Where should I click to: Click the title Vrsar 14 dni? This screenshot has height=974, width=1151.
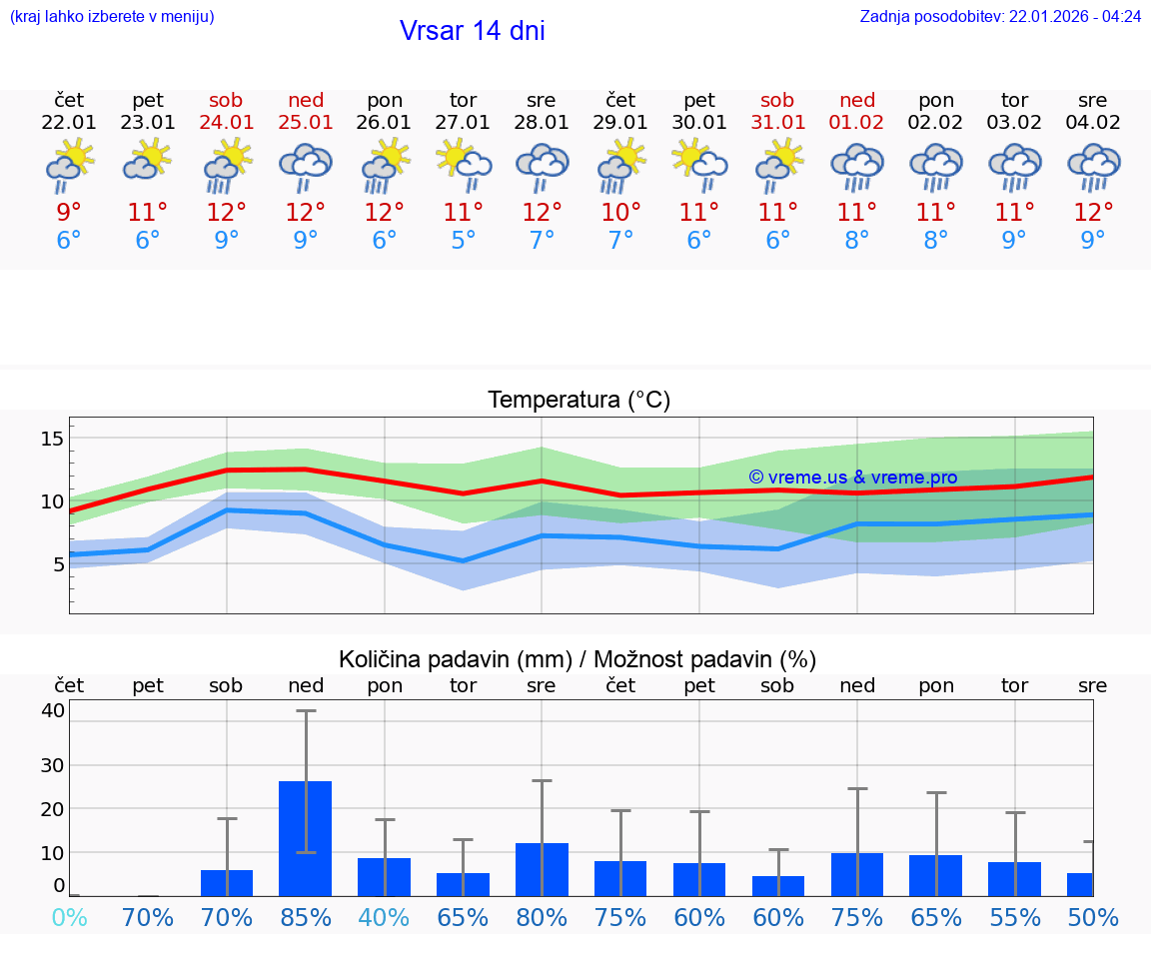click(x=472, y=31)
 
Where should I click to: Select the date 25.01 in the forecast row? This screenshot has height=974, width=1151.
click(x=306, y=123)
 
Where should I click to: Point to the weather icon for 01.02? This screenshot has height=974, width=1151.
click(x=856, y=166)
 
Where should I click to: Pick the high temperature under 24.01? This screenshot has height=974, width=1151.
click(x=227, y=213)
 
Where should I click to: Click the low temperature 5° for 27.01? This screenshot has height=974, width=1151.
click(x=463, y=241)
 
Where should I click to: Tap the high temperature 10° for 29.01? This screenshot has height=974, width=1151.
click(x=620, y=213)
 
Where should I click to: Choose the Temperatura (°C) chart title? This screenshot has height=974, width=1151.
click(x=578, y=401)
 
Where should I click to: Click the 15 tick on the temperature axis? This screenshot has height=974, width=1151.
click(x=53, y=439)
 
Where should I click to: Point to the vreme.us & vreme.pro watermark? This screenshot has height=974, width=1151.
click(x=852, y=478)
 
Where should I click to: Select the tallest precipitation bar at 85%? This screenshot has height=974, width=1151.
click(x=305, y=838)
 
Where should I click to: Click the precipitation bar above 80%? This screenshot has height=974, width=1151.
click(x=542, y=869)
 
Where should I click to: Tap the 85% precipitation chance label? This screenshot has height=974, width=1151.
click(x=306, y=918)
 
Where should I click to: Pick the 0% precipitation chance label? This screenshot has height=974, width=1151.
click(x=69, y=918)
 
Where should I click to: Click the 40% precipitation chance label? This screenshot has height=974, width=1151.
click(x=384, y=918)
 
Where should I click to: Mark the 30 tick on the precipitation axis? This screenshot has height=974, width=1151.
click(x=53, y=765)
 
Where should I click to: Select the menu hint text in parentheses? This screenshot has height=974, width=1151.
click(x=112, y=17)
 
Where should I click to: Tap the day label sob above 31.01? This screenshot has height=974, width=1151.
click(x=777, y=101)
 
